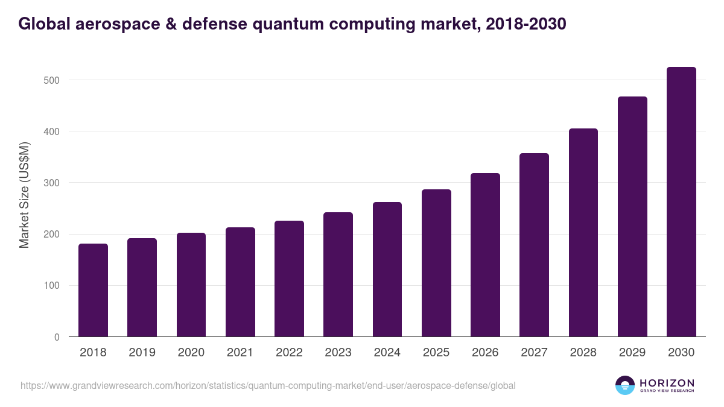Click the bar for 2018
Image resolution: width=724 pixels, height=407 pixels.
pos(94,290)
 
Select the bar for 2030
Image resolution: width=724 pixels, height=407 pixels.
pos(681,202)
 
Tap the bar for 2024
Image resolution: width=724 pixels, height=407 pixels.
pos(387,270)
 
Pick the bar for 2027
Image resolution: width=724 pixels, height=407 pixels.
pos(534,245)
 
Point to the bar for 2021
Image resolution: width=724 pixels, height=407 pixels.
pos(240,282)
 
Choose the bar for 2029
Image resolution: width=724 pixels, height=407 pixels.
pos(632,216)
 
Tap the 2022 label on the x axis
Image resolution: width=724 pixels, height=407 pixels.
pos(289,353)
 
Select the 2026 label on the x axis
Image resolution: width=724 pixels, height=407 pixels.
pos(485,353)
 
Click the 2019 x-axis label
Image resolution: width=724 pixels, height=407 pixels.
pos(142,353)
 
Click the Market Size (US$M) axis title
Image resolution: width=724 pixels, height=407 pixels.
pos(25,195)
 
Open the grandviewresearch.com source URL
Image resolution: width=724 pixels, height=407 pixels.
pos(268,385)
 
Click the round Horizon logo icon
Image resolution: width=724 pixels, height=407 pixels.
pos(625,385)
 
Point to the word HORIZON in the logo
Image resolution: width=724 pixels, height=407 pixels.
pos(667,382)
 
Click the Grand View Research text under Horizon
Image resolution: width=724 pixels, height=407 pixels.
pos(667,391)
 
